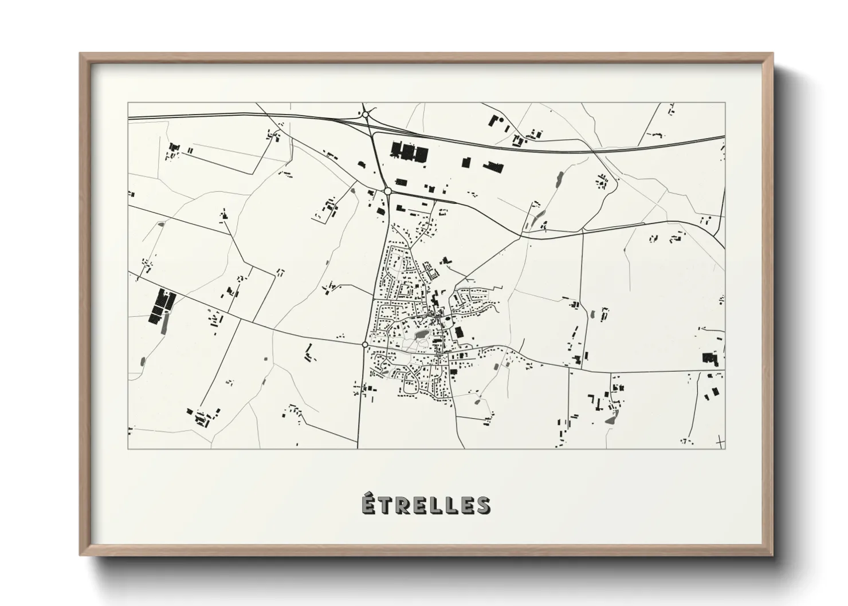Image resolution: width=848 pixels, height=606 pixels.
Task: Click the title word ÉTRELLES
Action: click(x=425, y=505)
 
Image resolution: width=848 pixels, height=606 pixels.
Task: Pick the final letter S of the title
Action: click(x=482, y=505)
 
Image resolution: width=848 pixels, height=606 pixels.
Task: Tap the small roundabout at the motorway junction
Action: click(x=365, y=115)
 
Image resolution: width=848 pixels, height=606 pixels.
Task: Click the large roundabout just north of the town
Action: click(x=388, y=191)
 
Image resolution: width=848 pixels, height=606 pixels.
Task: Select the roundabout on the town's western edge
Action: click(x=365, y=344)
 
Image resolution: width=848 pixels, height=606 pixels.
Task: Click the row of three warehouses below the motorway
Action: click(x=409, y=151)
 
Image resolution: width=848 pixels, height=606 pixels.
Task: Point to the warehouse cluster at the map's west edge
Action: click(x=160, y=307)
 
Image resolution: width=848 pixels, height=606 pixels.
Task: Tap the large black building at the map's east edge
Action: click(x=710, y=359)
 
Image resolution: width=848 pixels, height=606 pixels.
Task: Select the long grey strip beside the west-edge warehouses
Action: click(x=166, y=324)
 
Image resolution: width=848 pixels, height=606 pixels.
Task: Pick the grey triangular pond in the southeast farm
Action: click(x=610, y=419)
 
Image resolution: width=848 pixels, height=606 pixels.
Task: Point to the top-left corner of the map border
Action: click(x=128, y=103)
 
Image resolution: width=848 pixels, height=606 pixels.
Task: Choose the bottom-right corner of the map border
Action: click(x=725, y=448)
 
